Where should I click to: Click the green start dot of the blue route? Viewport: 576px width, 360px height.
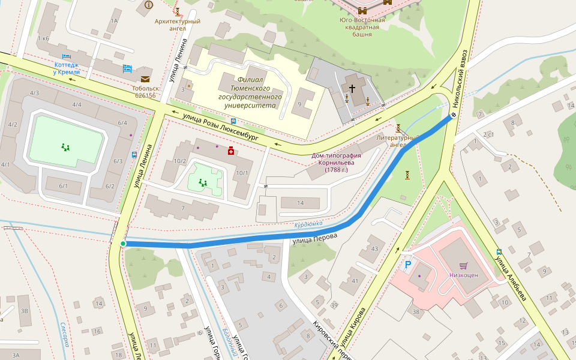(123, 244)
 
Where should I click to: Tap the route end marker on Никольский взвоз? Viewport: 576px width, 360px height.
(454, 116)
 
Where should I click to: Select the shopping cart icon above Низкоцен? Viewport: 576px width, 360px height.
(463, 266)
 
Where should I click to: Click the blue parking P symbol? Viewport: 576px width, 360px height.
(408, 265)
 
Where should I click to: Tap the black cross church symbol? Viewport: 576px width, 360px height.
(352, 89)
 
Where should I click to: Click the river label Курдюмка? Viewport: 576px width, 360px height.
(308, 224)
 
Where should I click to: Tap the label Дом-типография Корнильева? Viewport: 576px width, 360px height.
(341, 163)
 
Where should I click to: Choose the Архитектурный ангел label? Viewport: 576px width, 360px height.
(177, 25)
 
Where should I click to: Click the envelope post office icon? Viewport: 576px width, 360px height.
(145, 79)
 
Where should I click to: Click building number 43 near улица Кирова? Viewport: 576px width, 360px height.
(374, 249)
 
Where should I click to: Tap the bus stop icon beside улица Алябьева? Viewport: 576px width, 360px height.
(499, 252)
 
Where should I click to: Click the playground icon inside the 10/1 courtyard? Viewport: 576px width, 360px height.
(203, 182)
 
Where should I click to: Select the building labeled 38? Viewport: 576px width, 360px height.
(416, 311)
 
